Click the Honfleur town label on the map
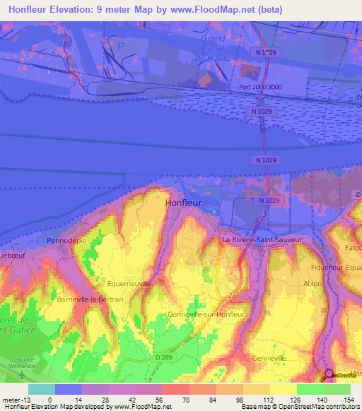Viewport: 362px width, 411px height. point(183,203)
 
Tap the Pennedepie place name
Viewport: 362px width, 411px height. point(66,241)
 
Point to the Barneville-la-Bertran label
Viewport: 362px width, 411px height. point(90,299)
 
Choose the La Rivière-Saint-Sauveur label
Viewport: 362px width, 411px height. point(262,239)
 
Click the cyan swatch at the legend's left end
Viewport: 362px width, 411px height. point(41,388)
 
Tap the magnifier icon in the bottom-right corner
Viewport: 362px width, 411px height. point(328,374)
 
